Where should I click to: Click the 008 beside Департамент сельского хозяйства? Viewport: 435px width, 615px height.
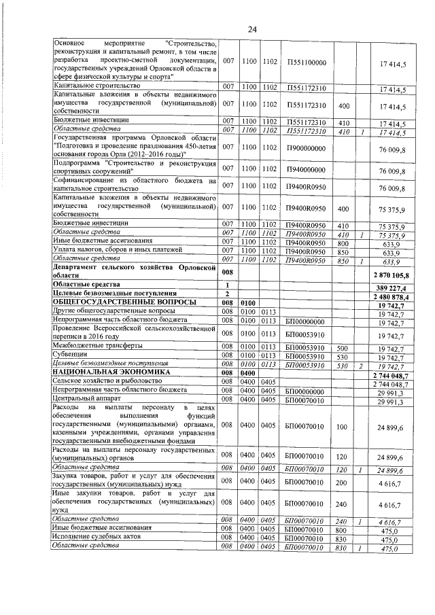pos(226,270)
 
